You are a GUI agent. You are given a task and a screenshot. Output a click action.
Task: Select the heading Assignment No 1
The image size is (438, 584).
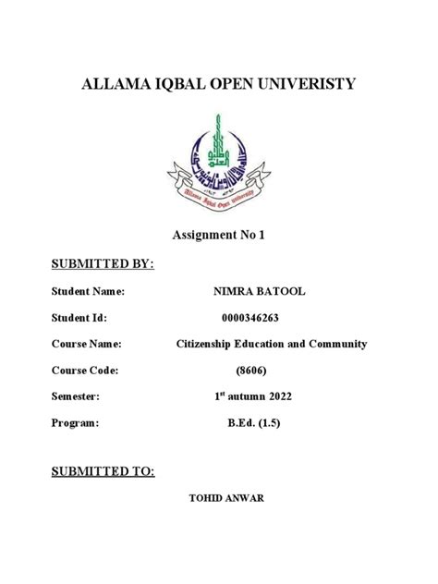220,236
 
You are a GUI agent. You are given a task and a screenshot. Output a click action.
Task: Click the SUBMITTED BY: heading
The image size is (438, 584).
103,265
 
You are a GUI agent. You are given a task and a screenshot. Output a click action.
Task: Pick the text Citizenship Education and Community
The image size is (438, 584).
272,344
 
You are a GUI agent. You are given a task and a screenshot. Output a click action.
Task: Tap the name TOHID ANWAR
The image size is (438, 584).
225,499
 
